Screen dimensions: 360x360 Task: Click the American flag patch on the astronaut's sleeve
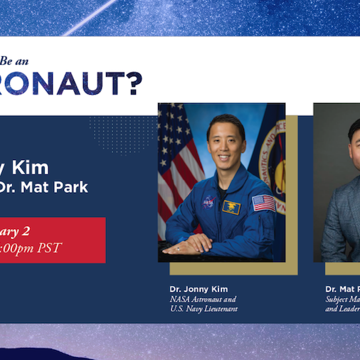click(x=263, y=203)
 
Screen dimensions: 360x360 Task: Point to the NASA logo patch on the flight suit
click(x=208, y=201)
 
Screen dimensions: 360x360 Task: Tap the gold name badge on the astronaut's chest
click(x=231, y=207)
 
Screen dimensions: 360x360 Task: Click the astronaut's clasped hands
click(x=187, y=246)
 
